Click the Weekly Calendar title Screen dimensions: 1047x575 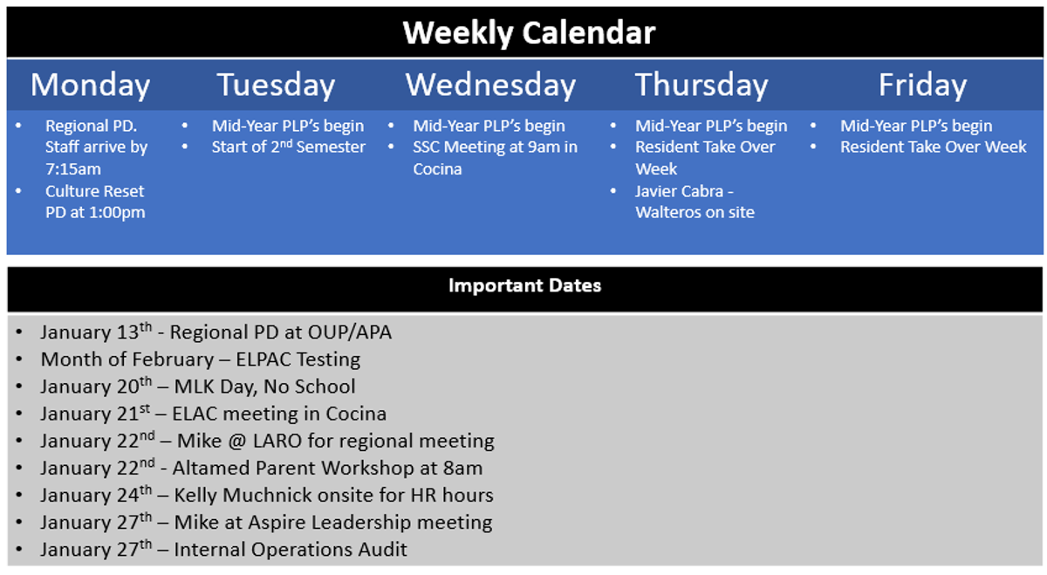(x=529, y=33)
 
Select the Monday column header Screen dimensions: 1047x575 (x=90, y=86)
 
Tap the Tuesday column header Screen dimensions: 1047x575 (x=276, y=86)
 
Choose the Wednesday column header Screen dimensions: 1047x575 (x=490, y=86)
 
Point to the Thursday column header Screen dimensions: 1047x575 (x=701, y=86)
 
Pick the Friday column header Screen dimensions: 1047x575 (x=922, y=86)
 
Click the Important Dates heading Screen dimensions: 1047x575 (x=524, y=285)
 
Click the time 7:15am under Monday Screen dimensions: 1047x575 (x=73, y=168)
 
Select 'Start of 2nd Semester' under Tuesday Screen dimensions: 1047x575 (x=289, y=147)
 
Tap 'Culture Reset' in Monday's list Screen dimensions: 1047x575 (x=94, y=191)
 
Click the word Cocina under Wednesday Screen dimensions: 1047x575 (x=437, y=168)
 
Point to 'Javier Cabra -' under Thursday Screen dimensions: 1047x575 (x=684, y=191)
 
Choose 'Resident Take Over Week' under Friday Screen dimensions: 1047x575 (x=933, y=147)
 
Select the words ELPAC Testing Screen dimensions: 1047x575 (x=298, y=359)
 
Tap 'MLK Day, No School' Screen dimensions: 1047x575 (x=264, y=387)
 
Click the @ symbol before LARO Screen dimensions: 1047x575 (x=237, y=442)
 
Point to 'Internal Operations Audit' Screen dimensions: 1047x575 (x=291, y=550)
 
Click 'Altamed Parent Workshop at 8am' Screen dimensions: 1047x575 (x=327, y=468)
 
